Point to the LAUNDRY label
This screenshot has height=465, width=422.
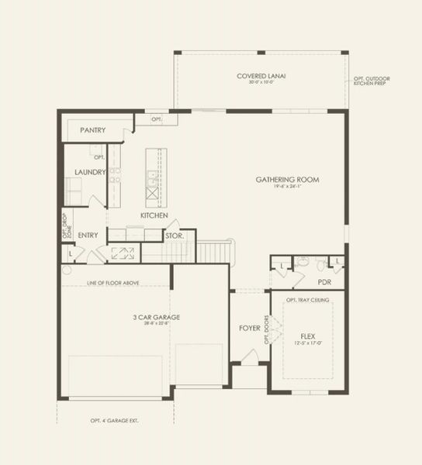tap(90, 172)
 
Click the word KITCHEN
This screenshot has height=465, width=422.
tap(154, 215)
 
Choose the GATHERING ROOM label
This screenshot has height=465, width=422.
tap(287, 180)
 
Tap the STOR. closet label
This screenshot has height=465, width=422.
tap(174, 236)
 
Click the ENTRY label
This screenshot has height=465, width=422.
tap(88, 235)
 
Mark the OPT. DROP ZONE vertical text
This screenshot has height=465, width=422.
tap(66, 226)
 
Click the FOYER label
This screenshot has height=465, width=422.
tap(249, 329)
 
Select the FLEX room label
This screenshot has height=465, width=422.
tap(308, 337)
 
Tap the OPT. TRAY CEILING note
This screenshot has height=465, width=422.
tap(308, 300)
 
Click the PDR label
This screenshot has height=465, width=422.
tap(324, 283)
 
